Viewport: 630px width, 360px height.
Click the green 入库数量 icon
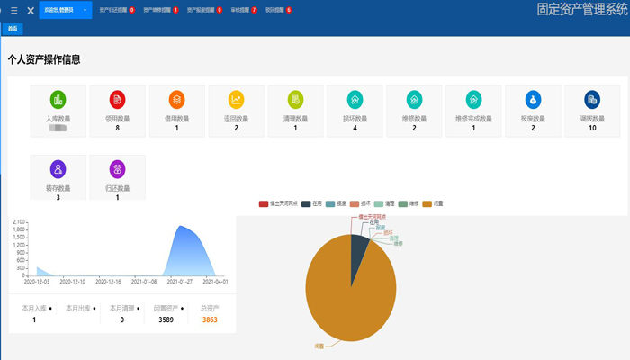[58, 100]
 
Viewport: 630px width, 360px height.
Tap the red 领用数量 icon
[118, 100]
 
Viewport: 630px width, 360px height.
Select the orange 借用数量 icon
[177, 100]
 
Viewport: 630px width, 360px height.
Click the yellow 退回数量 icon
[237, 100]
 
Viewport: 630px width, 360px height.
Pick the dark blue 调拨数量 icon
[592, 100]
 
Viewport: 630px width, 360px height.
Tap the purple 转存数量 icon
[58, 169]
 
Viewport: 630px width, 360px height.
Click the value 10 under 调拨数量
[592, 129]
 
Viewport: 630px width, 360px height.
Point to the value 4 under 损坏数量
[355, 129]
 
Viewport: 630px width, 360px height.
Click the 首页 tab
[12, 29]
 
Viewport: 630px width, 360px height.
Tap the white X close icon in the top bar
[31, 11]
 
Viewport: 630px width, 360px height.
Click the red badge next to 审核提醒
[255, 10]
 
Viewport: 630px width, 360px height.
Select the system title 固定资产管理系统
[580, 10]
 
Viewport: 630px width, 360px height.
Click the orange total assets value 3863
[210, 319]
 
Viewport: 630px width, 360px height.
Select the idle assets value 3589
[166, 319]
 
